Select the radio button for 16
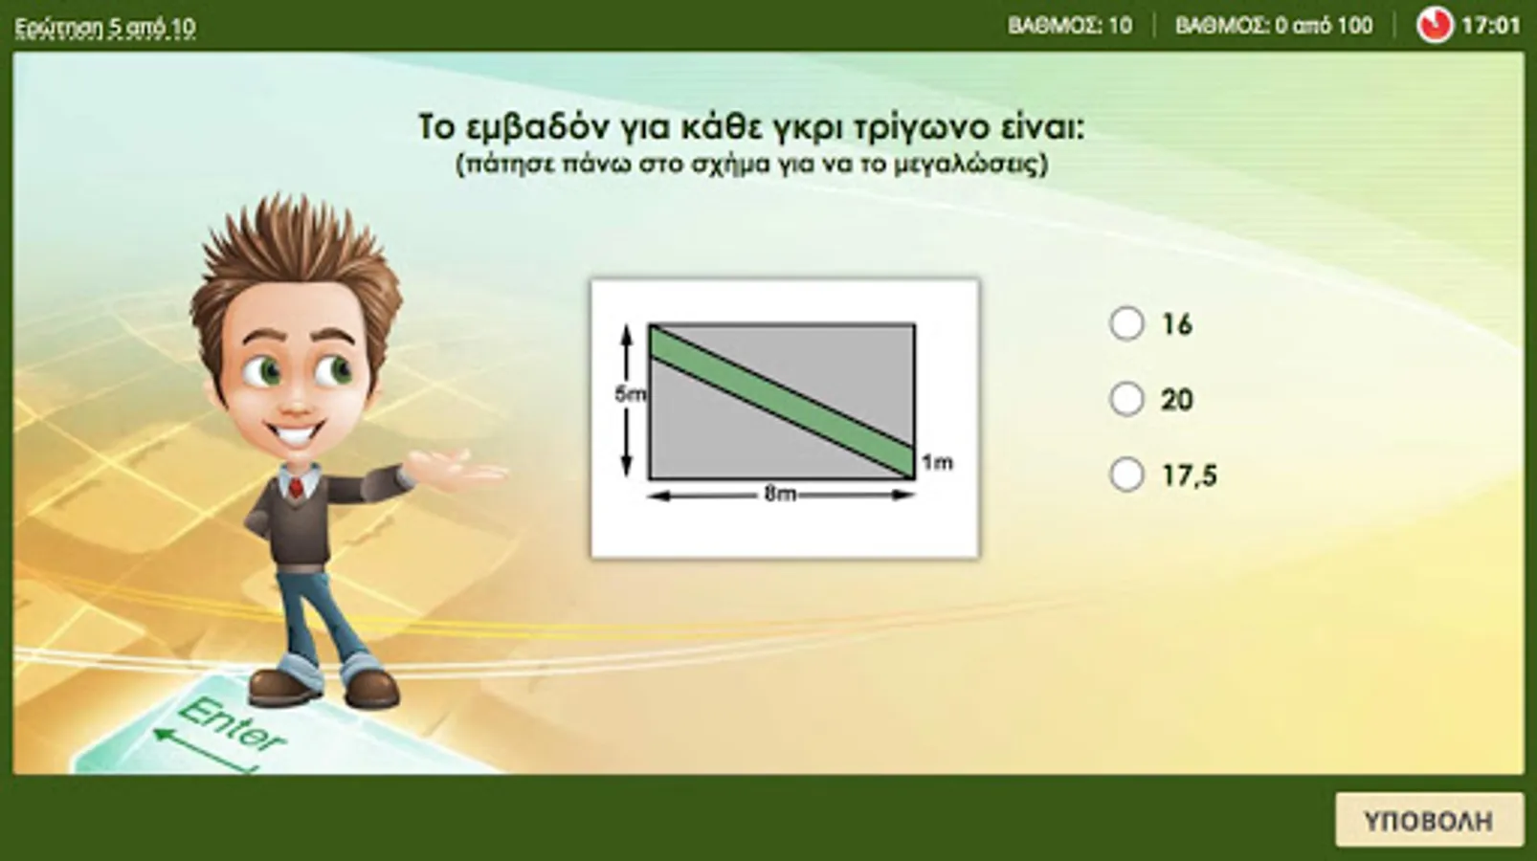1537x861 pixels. click(1126, 323)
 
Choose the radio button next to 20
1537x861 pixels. click(1126, 399)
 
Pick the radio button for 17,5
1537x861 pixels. click(1126, 475)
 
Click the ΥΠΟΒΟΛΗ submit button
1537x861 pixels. click(1428, 821)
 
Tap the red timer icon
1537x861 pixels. click(1435, 26)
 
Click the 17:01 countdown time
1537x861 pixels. click(1491, 26)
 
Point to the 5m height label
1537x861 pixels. click(630, 394)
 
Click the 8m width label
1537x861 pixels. click(780, 494)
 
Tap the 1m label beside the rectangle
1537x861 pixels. click(937, 463)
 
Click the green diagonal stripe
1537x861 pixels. click(782, 402)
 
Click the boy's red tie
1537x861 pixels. click(296, 488)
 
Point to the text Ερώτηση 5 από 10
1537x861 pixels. click(105, 28)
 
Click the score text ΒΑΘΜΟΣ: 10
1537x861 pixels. click(1070, 26)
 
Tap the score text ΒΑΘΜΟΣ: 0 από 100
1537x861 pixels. click(1274, 26)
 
